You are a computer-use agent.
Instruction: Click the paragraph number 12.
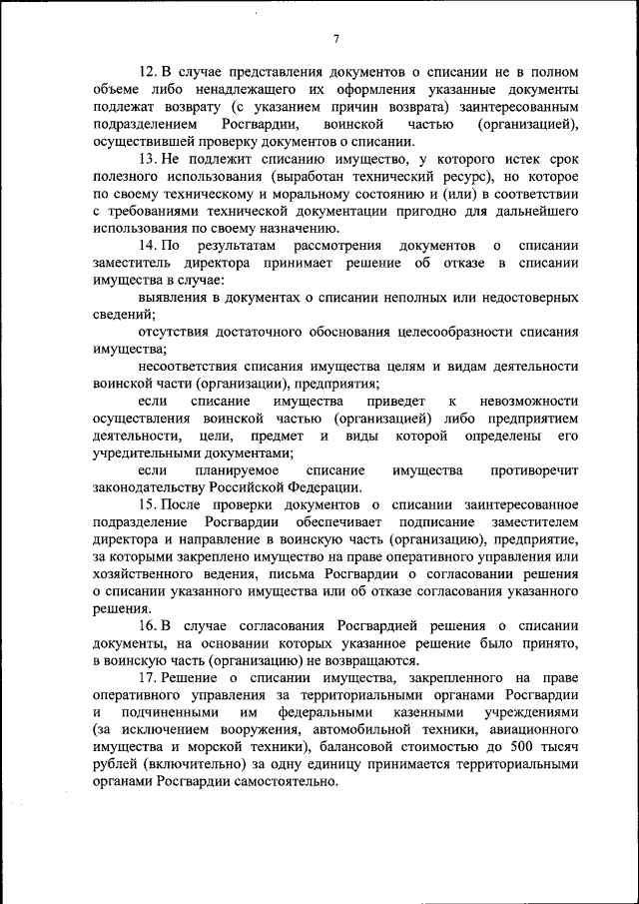[148, 72]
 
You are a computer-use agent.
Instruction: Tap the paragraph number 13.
[148, 160]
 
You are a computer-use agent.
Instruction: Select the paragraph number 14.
[148, 246]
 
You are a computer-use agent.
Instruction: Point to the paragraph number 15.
[148, 505]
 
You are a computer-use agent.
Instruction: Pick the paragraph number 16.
[148, 626]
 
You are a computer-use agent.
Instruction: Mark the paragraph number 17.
[148, 679]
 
